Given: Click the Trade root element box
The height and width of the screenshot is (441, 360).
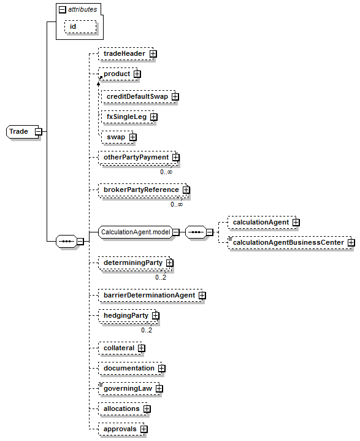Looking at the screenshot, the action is pyautogui.click(x=22, y=132).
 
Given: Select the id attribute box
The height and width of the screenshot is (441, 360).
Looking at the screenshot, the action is pyautogui.click(x=80, y=27).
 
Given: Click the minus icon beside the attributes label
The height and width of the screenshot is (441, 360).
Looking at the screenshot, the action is pyautogui.click(x=63, y=10).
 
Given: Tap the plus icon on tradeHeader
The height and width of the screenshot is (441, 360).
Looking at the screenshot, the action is pyautogui.click(x=153, y=54).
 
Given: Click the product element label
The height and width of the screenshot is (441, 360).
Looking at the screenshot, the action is pyautogui.click(x=117, y=74).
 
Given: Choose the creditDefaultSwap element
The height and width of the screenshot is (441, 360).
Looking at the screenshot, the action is pyautogui.click(x=139, y=97).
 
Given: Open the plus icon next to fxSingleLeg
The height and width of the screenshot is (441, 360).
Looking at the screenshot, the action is pyautogui.click(x=154, y=117).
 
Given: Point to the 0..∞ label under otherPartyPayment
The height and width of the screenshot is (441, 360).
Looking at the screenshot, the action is pyautogui.click(x=166, y=172).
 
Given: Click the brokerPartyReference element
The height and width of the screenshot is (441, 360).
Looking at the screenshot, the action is pyautogui.click(x=143, y=190).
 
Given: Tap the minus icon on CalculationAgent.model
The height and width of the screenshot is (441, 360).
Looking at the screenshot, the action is pyautogui.click(x=176, y=232).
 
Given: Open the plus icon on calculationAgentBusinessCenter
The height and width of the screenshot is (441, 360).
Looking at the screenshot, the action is pyautogui.click(x=351, y=243).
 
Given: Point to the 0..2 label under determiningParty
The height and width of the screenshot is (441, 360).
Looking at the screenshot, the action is pyautogui.click(x=161, y=278).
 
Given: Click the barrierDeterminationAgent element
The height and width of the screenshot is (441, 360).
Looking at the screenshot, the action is pyautogui.click(x=150, y=295).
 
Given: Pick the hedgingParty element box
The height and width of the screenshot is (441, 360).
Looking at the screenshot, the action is pyautogui.click(x=128, y=316).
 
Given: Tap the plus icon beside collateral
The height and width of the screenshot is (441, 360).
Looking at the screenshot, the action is pyautogui.click(x=142, y=348).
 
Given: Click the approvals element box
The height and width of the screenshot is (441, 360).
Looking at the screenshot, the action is pyautogui.click(x=121, y=429).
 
